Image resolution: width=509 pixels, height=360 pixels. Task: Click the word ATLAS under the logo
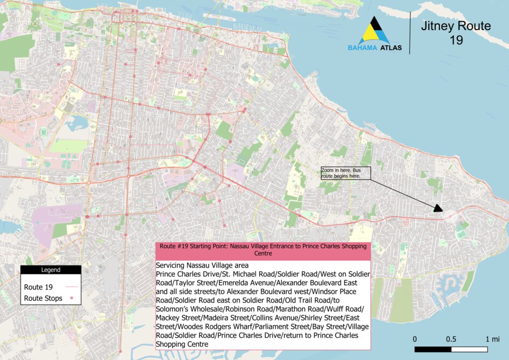[391, 47]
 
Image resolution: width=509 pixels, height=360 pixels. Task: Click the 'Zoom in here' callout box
[345, 173]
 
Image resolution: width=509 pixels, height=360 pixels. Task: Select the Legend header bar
[51, 270]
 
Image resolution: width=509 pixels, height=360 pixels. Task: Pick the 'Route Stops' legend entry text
[43, 298]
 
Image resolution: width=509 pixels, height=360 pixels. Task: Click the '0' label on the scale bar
[415, 339]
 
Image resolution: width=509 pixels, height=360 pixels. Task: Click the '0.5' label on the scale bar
[451, 339]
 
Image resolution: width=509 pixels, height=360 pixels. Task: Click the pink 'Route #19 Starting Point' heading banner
[264, 249]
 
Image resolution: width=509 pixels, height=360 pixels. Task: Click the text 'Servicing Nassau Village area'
[199, 266]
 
